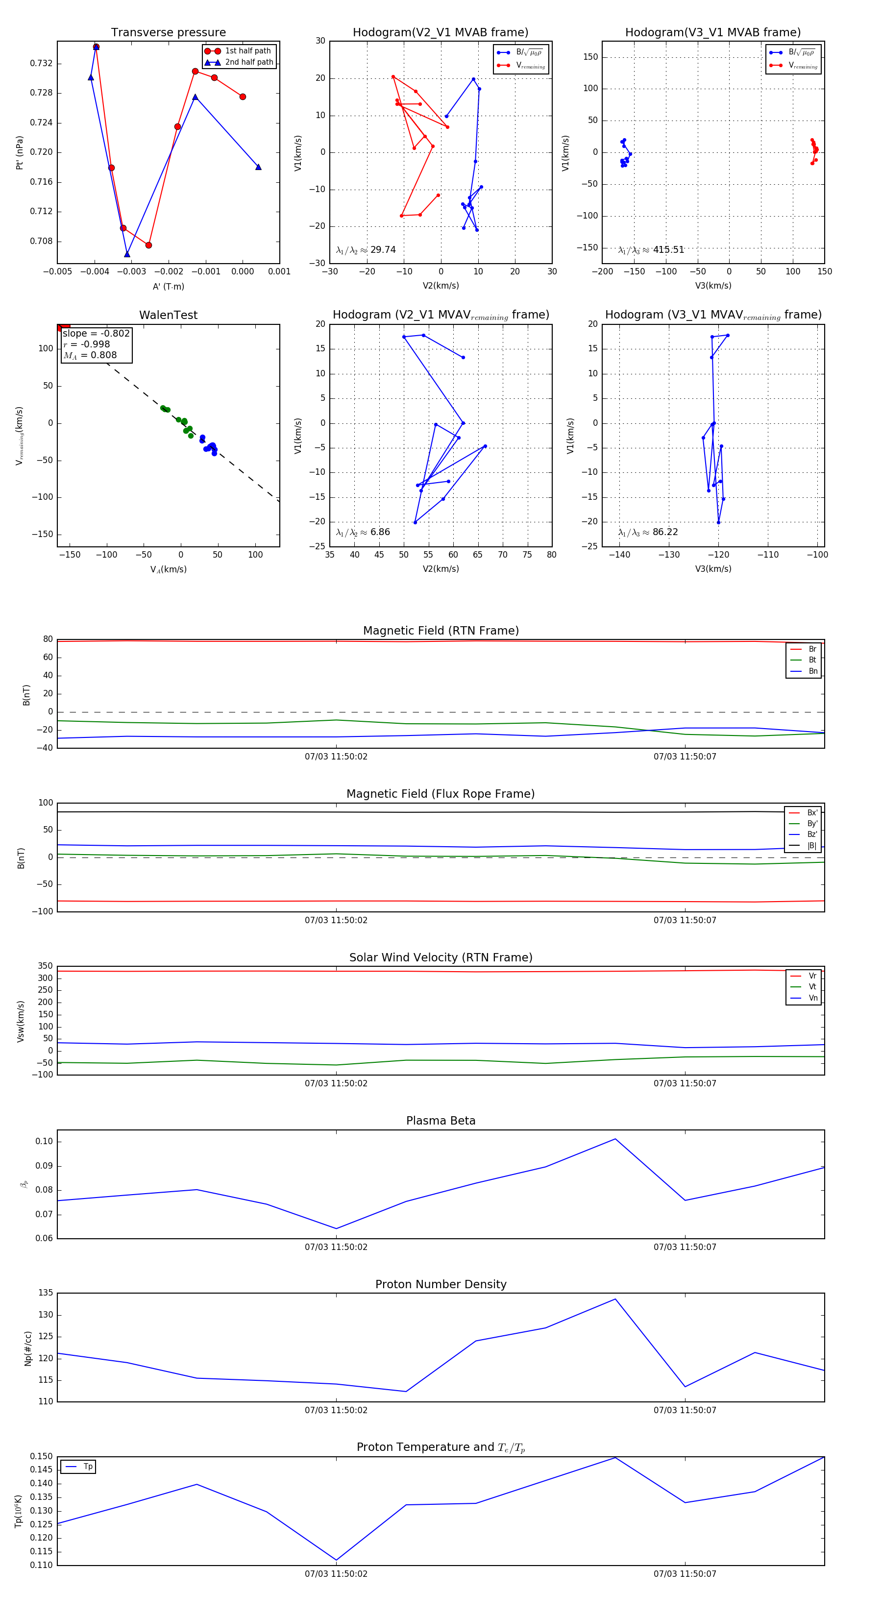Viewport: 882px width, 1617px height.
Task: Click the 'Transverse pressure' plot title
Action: point(168,33)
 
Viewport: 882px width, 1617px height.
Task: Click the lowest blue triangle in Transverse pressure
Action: point(127,254)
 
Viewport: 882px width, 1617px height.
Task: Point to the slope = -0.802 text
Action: point(96,333)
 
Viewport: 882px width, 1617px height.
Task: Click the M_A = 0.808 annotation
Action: point(90,355)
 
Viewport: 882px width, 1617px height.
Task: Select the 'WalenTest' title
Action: point(168,315)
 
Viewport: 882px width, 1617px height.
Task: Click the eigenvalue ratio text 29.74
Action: point(382,250)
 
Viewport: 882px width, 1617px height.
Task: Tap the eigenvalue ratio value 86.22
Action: point(665,532)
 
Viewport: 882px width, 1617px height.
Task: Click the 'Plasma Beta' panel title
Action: point(441,1121)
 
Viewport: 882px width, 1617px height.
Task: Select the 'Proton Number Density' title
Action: point(441,1284)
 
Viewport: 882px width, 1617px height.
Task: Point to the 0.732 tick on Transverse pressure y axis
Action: point(41,63)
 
